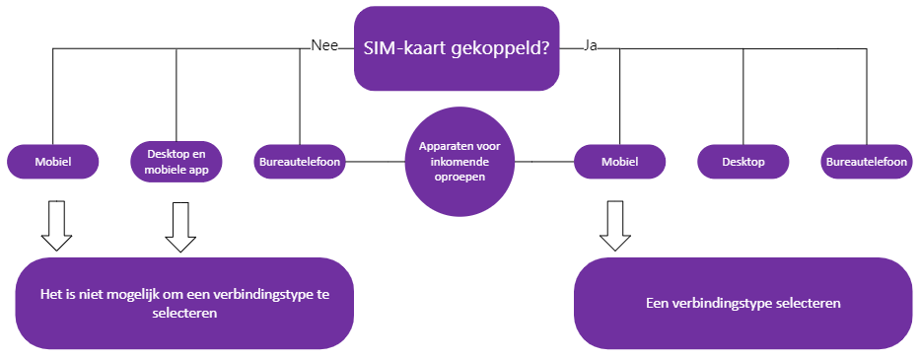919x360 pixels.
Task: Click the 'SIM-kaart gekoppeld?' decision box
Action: [457, 48]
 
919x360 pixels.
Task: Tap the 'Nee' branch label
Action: [324, 45]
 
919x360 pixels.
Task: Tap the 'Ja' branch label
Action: [591, 45]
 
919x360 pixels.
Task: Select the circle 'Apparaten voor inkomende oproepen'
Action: [460, 162]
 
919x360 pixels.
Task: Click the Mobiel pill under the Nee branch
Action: [52, 161]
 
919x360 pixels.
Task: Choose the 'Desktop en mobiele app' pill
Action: [177, 161]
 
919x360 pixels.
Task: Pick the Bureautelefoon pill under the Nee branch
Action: [300, 161]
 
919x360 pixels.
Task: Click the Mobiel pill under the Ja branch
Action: [619, 161]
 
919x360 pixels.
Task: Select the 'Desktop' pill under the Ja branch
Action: [743, 161]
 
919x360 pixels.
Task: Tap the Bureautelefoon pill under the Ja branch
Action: [867, 161]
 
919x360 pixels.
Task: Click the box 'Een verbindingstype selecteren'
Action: [743, 303]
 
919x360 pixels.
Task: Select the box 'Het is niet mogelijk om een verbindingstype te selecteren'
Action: [184, 303]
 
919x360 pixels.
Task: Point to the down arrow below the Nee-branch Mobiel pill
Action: [56, 226]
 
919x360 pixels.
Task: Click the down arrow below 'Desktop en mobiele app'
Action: [180, 228]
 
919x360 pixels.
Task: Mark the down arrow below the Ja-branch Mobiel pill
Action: [615, 226]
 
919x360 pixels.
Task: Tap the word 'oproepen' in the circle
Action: [460, 178]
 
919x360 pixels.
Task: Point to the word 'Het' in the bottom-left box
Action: [49, 294]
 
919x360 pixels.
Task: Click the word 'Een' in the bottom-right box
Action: [657, 303]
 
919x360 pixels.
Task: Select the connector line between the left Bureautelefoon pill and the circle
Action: [375, 161]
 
